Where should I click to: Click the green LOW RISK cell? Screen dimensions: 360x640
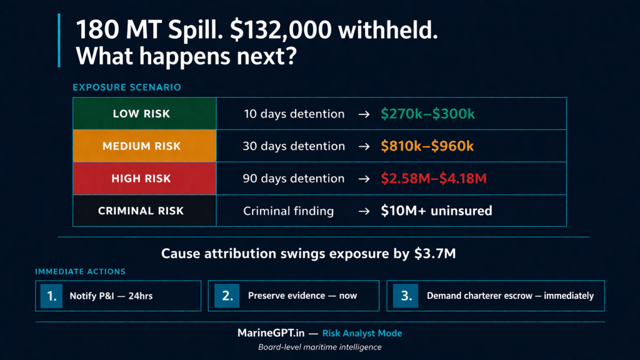[x=144, y=114]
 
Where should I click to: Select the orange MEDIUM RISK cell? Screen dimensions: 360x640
[x=144, y=146]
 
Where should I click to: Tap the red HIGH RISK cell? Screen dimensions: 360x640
[x=144, y=179]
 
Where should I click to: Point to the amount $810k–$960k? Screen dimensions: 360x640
[x=427, y=146]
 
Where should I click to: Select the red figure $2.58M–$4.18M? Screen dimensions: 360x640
[x=434, y=179]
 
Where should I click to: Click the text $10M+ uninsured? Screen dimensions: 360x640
[x=436, y=211]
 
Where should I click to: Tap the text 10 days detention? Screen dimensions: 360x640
[x=294, y=114]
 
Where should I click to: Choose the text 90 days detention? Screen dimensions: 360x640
[x=294, y=179]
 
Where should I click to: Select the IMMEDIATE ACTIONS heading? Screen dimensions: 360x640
[x=81, y=272]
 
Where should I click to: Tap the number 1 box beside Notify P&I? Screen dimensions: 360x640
[x=51, y=296]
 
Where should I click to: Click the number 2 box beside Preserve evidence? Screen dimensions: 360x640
[x=227, y=296]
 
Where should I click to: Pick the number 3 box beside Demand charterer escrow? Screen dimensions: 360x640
[x=406, y=296]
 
